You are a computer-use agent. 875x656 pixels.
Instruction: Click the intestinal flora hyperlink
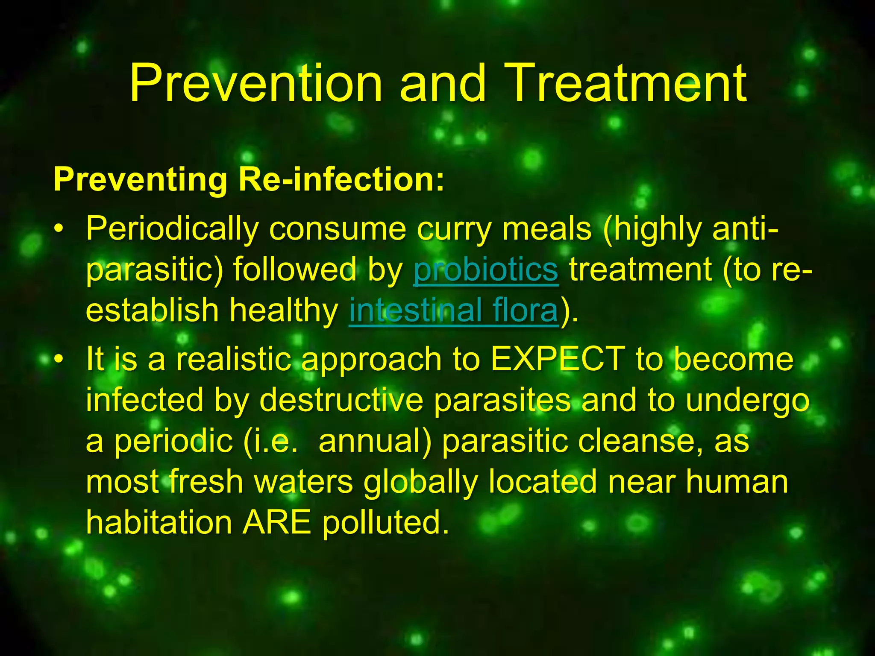coord(454,310)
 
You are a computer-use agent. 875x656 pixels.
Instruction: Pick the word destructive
coord(341,400)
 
